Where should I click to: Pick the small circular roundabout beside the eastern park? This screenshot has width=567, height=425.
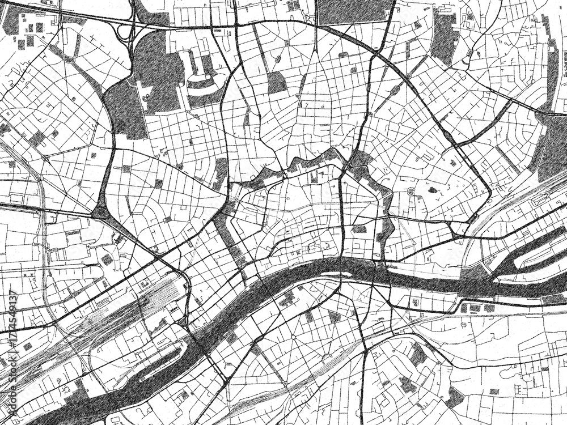coord(410,192)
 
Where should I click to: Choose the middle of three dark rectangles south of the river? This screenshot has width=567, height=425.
coord(475,308)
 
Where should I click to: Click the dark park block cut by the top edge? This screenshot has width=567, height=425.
coord(352,11)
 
